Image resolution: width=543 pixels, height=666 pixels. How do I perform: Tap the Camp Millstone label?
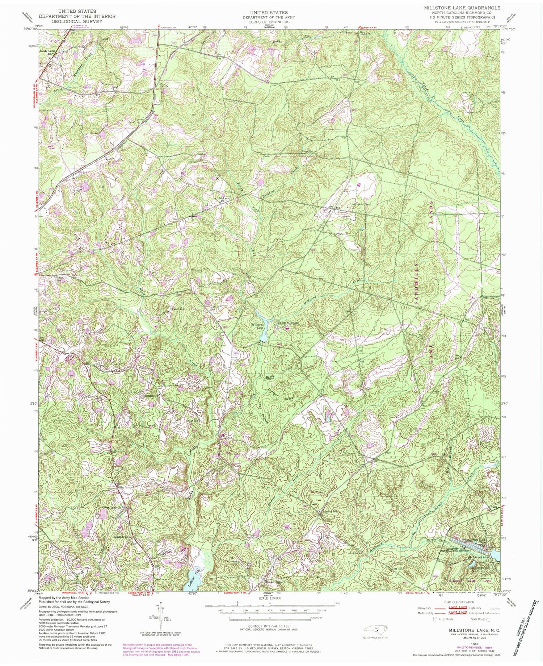coord(289,322)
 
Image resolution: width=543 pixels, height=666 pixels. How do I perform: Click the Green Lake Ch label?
coord(111,507)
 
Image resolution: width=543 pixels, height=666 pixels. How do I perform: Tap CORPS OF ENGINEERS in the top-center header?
coord(269,21)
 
